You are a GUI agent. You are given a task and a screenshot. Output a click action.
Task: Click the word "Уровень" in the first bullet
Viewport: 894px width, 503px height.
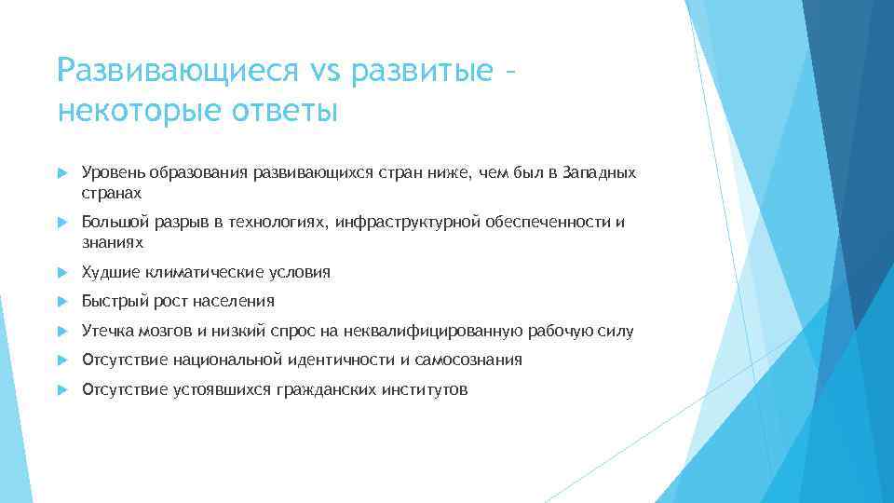(107, 172)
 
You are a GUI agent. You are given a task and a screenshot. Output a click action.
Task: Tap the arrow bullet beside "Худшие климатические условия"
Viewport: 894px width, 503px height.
(63, 272)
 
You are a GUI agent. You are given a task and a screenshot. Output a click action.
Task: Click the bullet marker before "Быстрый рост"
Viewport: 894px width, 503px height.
(63, 301)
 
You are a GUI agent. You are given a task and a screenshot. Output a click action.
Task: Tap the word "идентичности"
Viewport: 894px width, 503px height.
(348, 360)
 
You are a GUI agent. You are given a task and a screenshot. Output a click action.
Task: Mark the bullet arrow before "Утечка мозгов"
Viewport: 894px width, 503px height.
(63, 331)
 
